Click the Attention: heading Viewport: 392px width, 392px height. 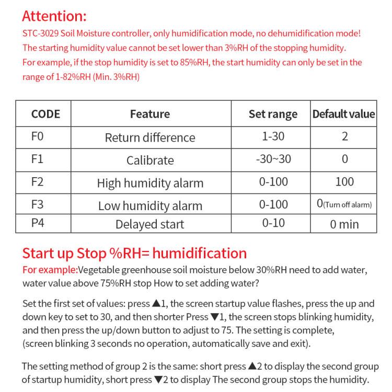[54, 16]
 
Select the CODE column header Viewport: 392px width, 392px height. [45, 113]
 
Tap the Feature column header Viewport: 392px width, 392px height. [150, 113]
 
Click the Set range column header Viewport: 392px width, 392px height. [273, 113]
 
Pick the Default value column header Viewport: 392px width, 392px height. [343, 113]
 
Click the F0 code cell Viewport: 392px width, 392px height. [38, 136]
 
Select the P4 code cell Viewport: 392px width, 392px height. [38, 223]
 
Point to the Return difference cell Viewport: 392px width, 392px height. [150, 137]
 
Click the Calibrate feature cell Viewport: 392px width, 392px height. [150, 160]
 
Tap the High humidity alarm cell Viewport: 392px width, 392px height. [150, 183]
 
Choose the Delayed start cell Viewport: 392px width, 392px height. [150, 224]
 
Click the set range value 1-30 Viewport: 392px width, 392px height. [273, 136]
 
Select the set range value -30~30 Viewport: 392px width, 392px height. [273, 159]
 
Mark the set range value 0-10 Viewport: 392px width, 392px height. [273, 223]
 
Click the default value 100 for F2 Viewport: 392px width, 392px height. [344, 181]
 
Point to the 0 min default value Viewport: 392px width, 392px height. [344, 224]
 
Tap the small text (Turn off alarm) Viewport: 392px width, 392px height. [348, 205]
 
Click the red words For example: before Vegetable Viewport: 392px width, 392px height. [50, 270]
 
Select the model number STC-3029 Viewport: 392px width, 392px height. [40, 33]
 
